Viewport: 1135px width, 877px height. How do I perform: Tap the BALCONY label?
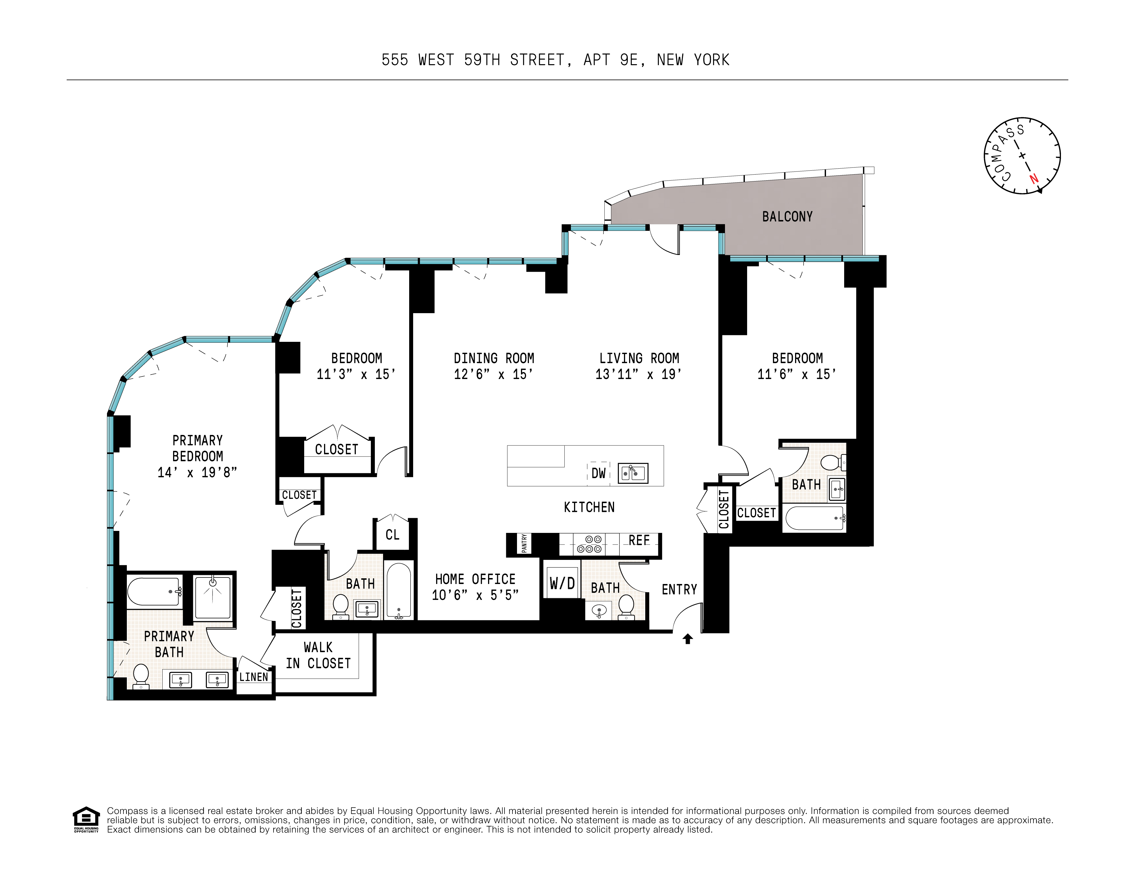coord(787,217)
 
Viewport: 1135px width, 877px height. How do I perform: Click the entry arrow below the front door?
coord(688,639)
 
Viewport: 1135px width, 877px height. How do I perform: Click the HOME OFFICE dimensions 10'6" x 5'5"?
coord(475,595)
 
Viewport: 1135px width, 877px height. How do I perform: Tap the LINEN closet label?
coord(254,677)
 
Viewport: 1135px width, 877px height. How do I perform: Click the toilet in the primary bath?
coord(141,676)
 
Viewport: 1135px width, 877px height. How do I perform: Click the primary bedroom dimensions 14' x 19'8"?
coord(197,472)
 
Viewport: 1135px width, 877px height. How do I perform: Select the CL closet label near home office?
coord(392,535)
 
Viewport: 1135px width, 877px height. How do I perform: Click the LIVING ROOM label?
coord(639,358)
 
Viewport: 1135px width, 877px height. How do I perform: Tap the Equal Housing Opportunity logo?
coord(86,819)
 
